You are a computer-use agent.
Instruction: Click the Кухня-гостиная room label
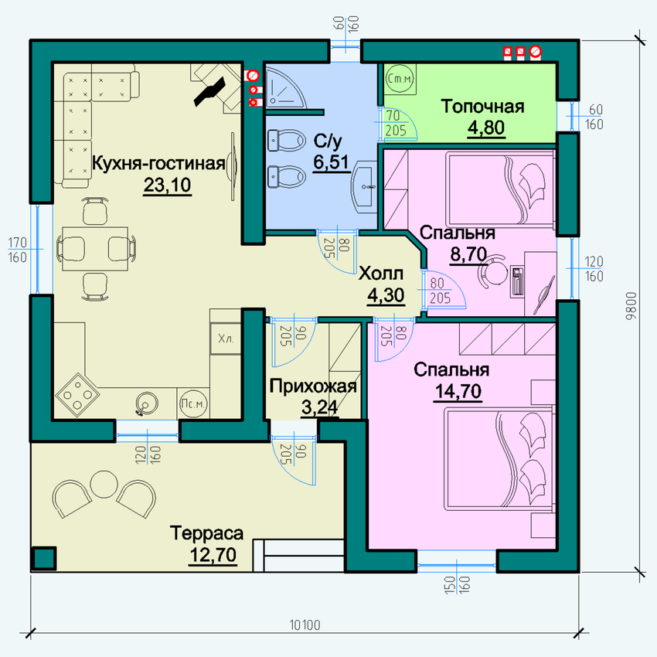tap(158, 163)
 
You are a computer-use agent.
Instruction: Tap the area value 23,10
tap(167, 185)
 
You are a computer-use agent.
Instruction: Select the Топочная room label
tap(482, 107)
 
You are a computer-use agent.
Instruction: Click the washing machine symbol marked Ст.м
tap(400, 78)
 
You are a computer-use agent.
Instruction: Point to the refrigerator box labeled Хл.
tap(226, 339)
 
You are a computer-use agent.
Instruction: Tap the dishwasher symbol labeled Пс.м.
tap(193, 403)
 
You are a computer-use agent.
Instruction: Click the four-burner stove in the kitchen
tap(77, 394)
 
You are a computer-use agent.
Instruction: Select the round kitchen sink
tap(146, 403)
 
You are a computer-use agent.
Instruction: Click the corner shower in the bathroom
tap(285, 86)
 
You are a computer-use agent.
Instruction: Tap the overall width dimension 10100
tap(305, 625)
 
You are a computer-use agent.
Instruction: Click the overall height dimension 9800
tap(631, 306)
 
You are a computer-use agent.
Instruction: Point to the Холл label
tap(381, 274)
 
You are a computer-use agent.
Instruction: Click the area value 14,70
tap(458, 391)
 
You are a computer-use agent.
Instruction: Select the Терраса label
tap(206, 533)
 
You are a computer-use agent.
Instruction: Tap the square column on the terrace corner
tap(43, 558)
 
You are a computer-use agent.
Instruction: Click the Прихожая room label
tap(313, 386)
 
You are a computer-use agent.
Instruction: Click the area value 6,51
tap(331, 162)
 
